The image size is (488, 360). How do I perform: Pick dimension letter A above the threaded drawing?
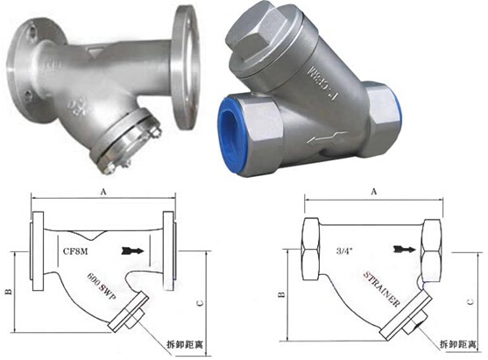[x=374, y=189]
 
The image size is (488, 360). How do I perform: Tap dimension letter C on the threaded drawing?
[x=474, y=303]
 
